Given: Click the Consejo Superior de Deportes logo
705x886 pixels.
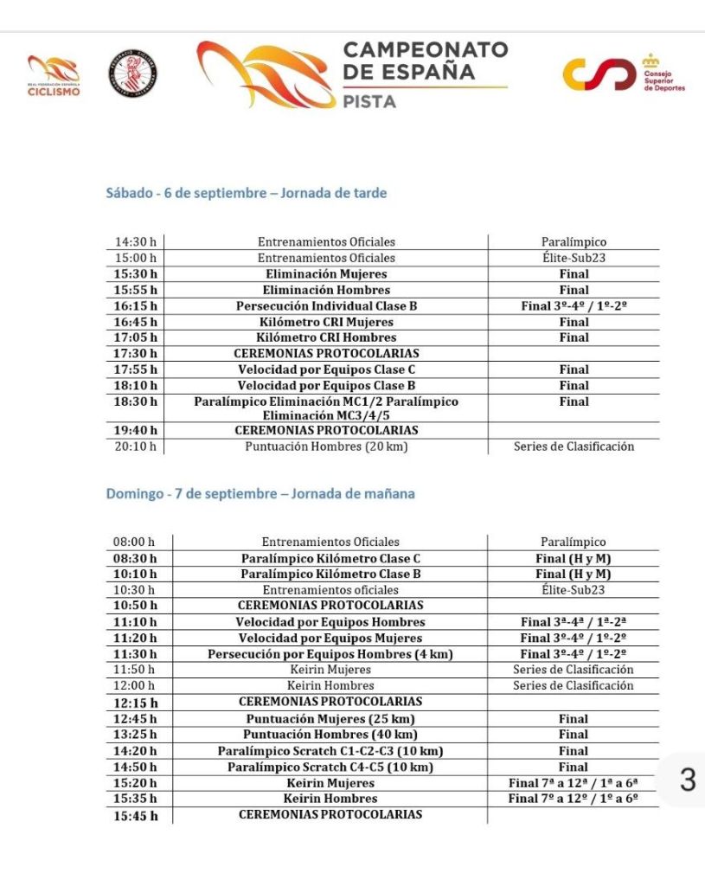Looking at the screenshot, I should coord(623,75).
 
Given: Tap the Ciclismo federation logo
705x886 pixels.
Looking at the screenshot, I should coord(54,76).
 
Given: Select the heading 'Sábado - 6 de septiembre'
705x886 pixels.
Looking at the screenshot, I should coord(246,193).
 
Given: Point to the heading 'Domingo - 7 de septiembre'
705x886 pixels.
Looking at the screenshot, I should coord(260,494).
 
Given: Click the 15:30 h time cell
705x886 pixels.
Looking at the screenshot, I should coord(136,274).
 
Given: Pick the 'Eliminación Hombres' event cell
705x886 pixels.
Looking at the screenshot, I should coord(326,290).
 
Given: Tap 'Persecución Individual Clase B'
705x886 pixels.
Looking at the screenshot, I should coord(326,306).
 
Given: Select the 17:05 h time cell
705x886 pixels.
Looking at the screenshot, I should coord(136,337).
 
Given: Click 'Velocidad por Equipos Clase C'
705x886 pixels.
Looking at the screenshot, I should coord(326,369).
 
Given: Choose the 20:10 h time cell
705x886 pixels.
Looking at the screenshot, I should coord(136,446).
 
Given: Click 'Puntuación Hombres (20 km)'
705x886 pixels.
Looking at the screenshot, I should coord(326,446).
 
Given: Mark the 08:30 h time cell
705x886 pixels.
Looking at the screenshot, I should coord(136,558).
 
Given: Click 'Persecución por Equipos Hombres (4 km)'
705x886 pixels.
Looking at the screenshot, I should coord(330,654).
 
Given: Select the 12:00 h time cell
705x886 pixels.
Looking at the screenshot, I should coord(136,685).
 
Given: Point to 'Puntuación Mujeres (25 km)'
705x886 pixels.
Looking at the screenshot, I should coord(330,718).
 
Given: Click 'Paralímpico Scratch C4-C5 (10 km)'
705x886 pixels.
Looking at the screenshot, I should coord(330,767).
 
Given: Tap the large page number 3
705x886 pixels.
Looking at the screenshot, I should coord(687,780).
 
